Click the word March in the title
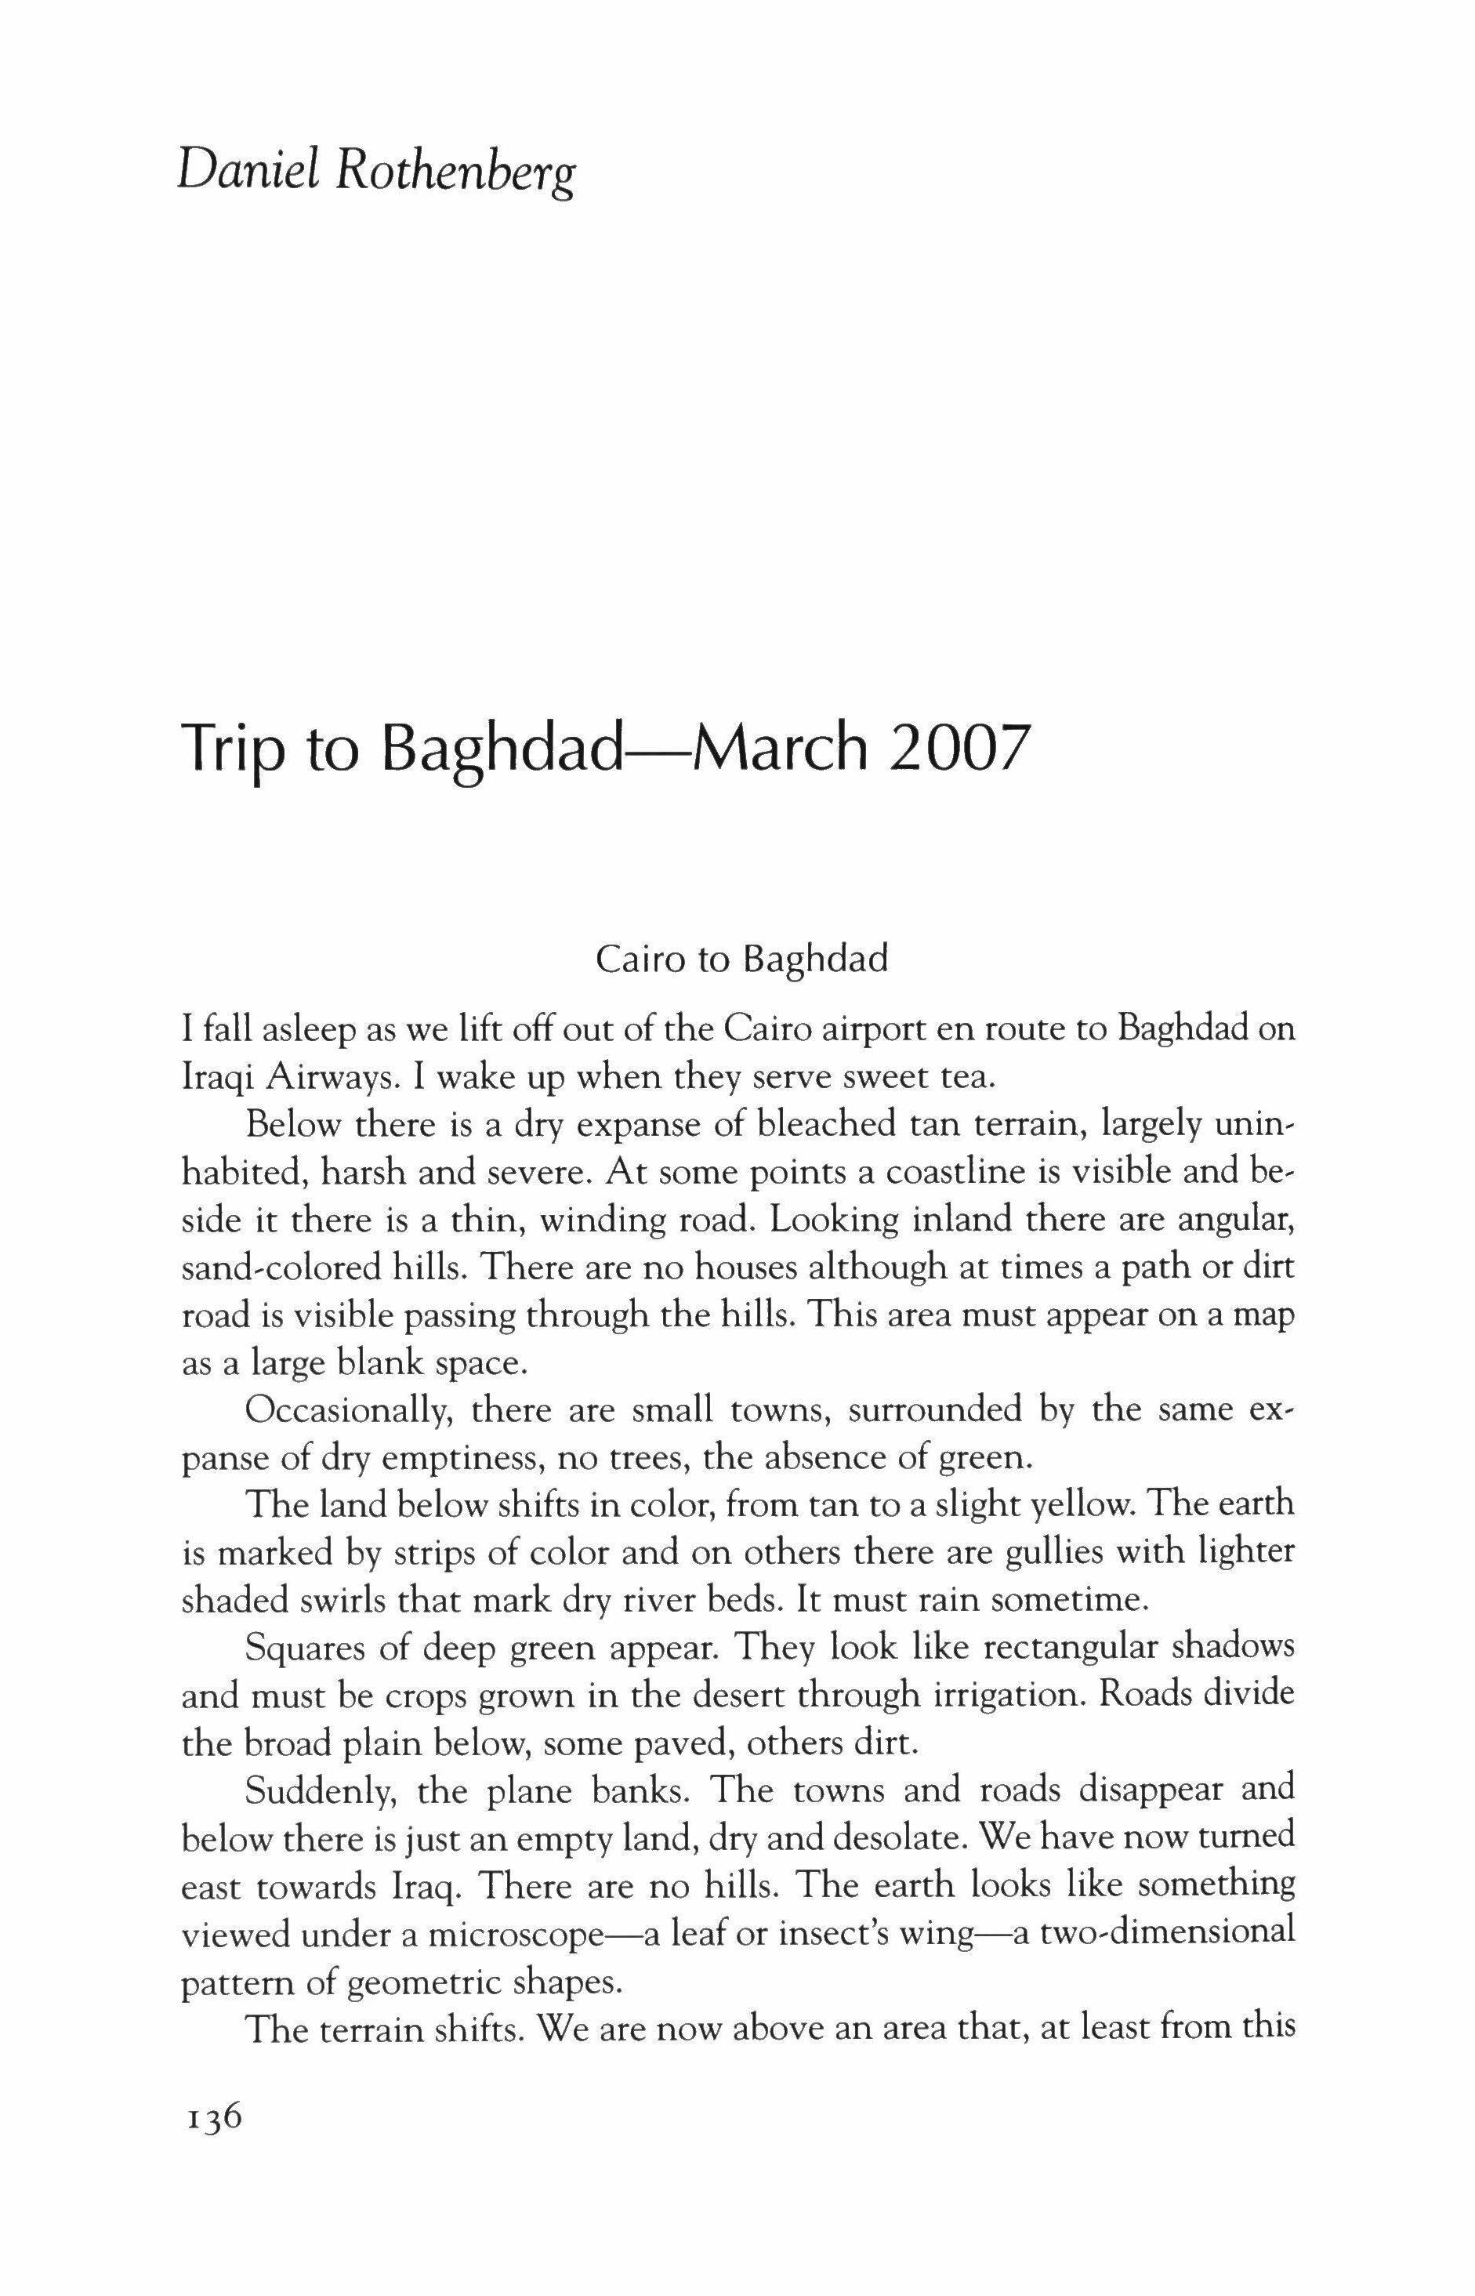[x=779, y=750]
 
